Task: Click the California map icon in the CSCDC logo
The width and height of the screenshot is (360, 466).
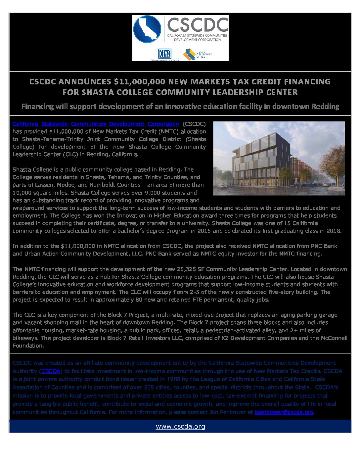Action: tap(147, 29)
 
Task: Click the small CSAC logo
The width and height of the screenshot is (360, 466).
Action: tap(164, 54)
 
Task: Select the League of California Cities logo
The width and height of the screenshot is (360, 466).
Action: tap(198, 54)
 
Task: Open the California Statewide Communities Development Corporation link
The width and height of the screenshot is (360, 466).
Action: tap(96, 124)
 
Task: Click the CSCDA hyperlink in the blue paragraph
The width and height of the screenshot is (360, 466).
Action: tap(51, 371)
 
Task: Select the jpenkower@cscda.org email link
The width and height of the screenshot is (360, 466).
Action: tap(284, 412)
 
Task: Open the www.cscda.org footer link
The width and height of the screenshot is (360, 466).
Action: tap(180, 427)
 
